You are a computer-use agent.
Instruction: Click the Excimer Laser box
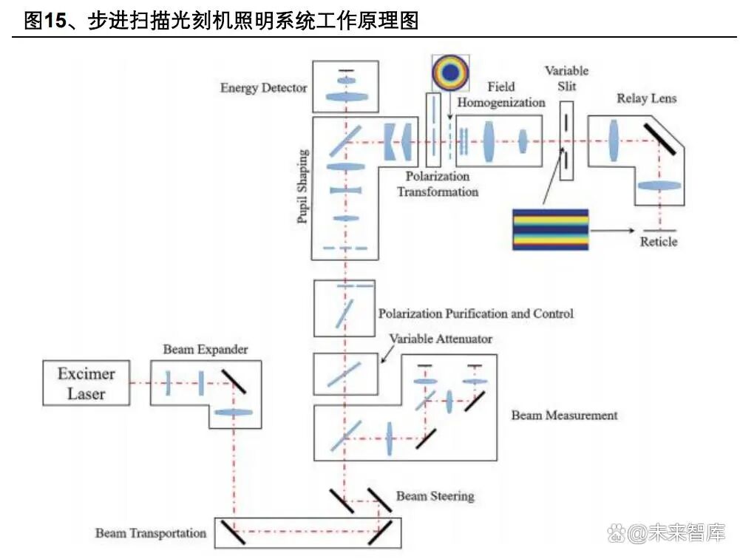(x=86, y=383)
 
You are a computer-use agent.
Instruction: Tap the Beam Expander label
(x=206, y=349)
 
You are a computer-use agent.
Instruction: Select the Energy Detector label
(x=263, y=88)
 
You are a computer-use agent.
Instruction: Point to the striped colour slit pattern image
(x=551, y=229)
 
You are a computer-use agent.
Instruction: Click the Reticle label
(x=658, y=242)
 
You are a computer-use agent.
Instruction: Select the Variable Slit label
(x=566, y=78)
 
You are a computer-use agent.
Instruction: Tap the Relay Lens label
(x=647, y=98)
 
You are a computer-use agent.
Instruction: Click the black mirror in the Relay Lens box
(x=659, y=138)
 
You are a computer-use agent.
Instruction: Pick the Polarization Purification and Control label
(x=475, y=314)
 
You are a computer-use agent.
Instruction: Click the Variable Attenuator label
(x=441, y=339)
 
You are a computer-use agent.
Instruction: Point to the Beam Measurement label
(x=564, y=416)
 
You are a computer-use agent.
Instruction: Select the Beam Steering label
(x=435, y=495)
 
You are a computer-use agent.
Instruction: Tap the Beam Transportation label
(x=151, y=533)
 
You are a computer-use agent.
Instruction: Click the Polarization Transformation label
(x=437, y=184)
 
